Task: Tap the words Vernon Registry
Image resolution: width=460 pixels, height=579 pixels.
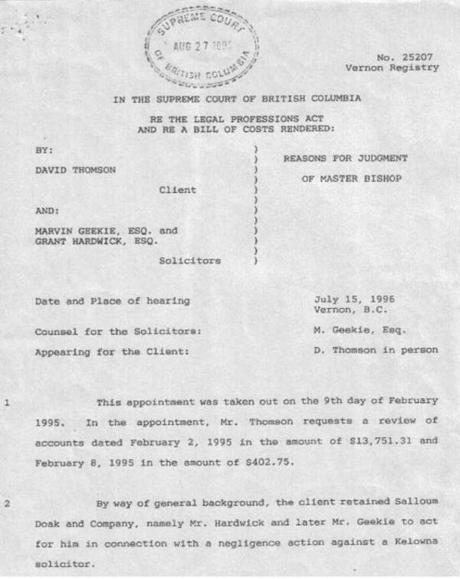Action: point(392,67)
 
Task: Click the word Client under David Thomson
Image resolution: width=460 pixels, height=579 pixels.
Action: point(177,189)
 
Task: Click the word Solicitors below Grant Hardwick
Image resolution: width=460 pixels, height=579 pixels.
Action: point(189,260)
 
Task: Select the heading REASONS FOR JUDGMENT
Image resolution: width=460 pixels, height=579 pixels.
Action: point(345,159)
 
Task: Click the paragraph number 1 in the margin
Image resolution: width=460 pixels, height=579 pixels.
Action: point(7,401)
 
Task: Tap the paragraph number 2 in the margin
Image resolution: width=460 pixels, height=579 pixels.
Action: point(7,503)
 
